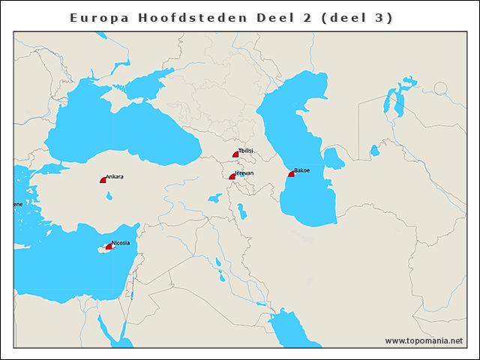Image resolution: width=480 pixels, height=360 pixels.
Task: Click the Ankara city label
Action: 115,177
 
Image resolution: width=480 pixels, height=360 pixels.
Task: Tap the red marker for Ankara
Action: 103,180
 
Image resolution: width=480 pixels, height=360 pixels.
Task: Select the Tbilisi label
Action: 246,151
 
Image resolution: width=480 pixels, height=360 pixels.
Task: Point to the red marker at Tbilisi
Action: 235,154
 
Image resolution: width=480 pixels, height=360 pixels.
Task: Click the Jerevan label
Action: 244,173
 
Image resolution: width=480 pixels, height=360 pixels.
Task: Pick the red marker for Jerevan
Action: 232,176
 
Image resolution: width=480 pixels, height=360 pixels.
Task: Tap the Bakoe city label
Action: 302,170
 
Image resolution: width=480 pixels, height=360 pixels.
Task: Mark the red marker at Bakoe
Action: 291,174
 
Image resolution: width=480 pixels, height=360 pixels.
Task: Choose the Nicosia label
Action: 121,243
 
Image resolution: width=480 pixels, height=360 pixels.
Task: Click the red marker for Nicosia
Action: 109,246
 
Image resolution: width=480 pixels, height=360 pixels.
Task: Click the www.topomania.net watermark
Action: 424,340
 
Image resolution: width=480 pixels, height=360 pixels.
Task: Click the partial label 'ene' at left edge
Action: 17,204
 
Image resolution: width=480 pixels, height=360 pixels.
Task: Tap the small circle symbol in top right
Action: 440,88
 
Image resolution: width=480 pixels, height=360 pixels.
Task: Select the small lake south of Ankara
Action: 110,196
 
